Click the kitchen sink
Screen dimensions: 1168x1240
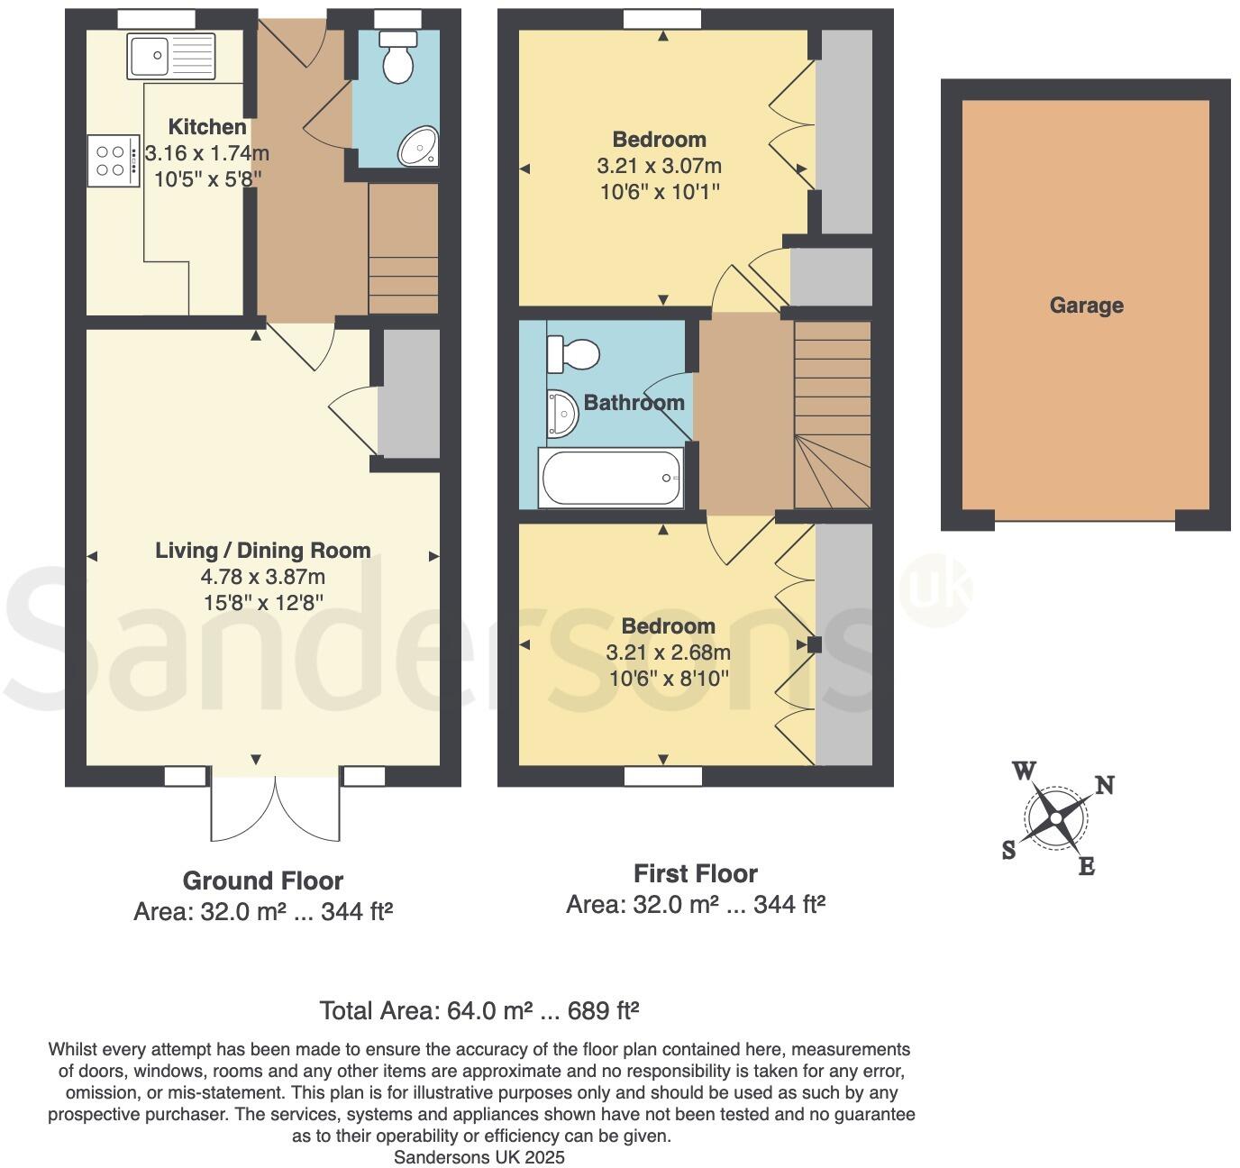pyautogui.click(x=171, y=56)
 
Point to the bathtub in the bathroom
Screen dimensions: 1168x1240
pyautogui.click(x=611, y=478)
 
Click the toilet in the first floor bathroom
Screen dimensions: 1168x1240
pyautogui.click(x=573, y=353)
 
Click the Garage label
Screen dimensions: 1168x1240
pyautogui.click(x=1086, y=306)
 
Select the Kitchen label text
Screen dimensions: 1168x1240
pyautogui.click(x=207, y=127)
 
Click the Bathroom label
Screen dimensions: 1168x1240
pyautogui.click(x=634, y=403)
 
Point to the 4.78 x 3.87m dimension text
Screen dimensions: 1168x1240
pyautogui.click(x=263, y=577)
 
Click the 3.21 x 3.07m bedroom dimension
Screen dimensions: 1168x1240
pyautogui.click(x=659, y=166)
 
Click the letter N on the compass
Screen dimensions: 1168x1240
pyautogui.click(x=1104, y=786)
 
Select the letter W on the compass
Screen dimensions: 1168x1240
pyautogui.click(x=1024, y=771)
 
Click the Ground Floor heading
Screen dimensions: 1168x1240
pyautogui.click(x=263, y=881)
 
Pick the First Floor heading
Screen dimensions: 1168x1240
pyautogui.click(x=695, y=873)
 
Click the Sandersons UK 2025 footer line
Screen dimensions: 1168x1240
pyautogui.click(x=479, y=1157)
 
